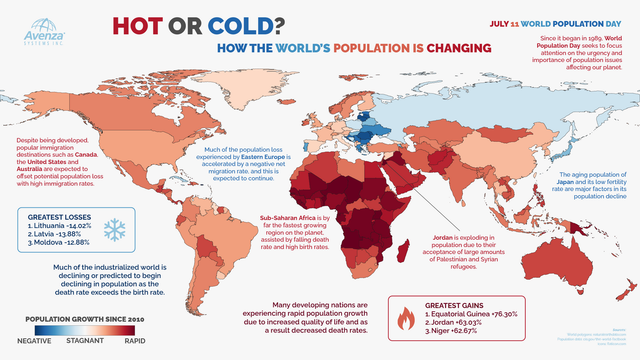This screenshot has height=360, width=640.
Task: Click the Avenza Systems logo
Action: click(x=44, y=31)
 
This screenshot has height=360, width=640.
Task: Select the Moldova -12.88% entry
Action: click(x=59, y=242)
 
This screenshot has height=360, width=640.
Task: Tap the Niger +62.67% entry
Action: click(x=451, y=330)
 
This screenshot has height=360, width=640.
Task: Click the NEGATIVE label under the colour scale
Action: click(x=34, y=341)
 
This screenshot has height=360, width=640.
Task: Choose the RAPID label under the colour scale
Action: click(x=135, y=341)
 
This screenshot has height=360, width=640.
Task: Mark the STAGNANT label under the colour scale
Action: click(x=85, y=341)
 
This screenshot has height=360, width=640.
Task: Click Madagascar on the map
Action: click(x=402, y=250)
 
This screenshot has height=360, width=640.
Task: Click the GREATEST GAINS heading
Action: click(x=454, y=305)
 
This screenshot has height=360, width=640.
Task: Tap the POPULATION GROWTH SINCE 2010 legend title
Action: click(x=84, y=319)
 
